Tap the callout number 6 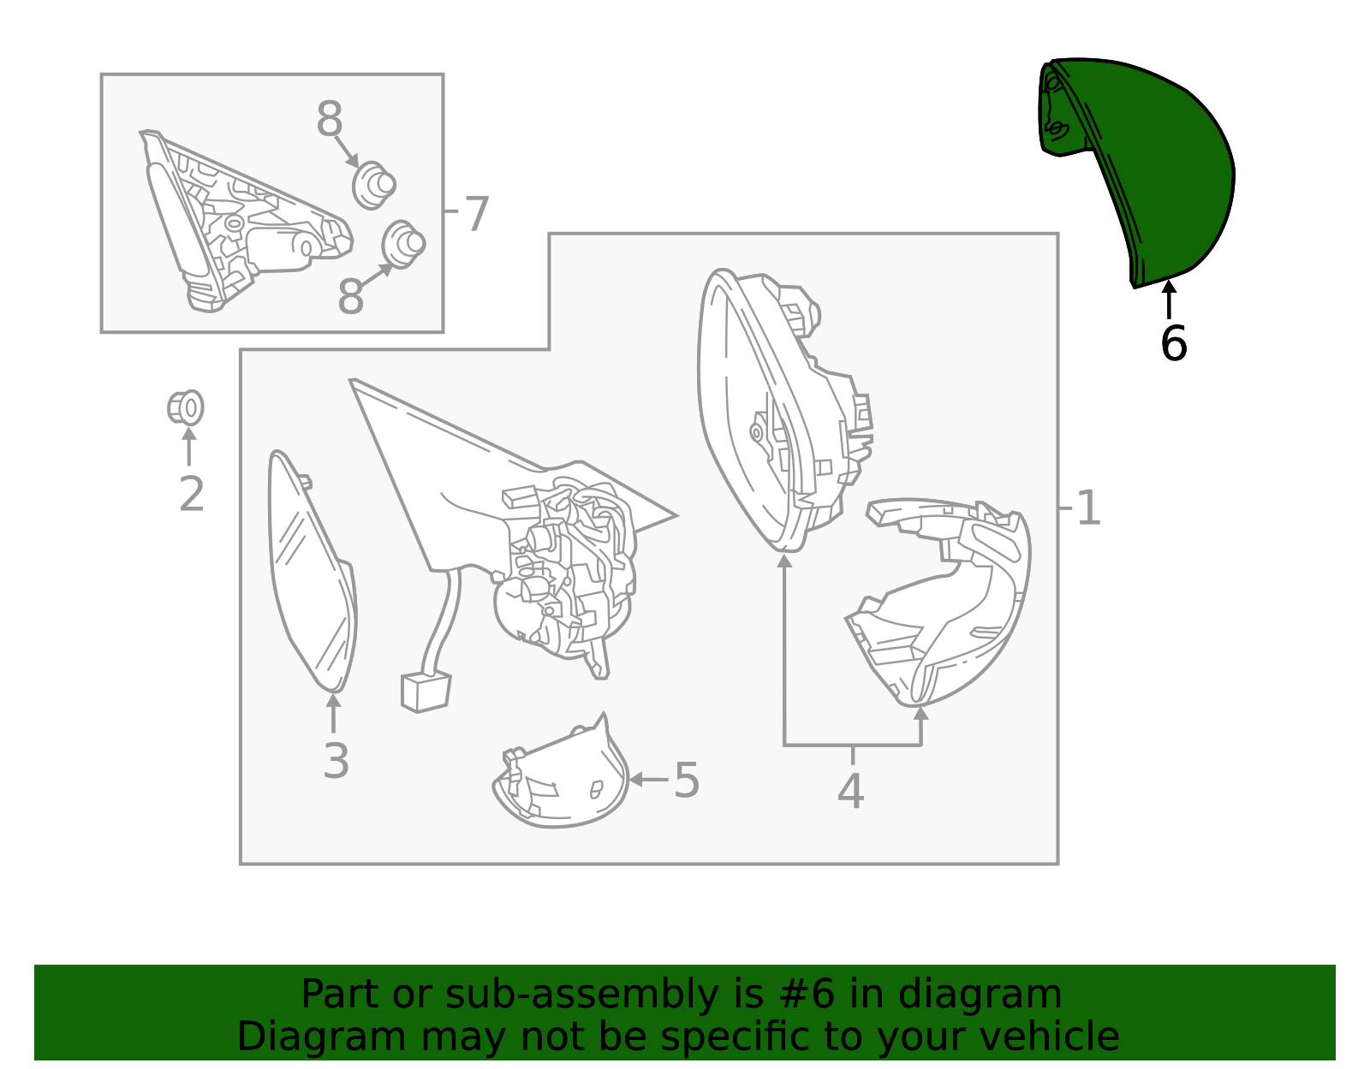click(1173, 344)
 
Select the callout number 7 click(477, 214)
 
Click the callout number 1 click(1089, 508)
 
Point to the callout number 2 click(192, 495)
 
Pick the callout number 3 click(336, 761)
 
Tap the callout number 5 click(688, 780)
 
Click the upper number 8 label click(329, 118)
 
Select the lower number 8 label click(350, 296)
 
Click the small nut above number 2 click(185, 407)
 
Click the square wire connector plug click(426, 692)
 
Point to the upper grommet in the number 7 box click(374, 185)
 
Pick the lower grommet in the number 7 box click(403, 244)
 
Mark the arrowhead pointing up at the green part click(1169, 287)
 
